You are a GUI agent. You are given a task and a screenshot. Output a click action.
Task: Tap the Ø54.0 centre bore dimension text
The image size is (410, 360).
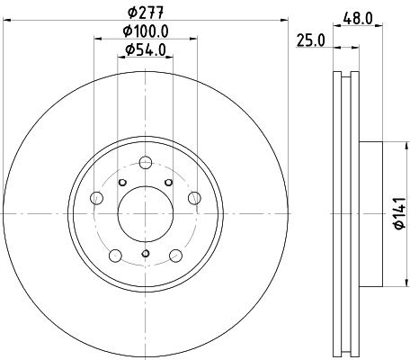(x=145, y=50)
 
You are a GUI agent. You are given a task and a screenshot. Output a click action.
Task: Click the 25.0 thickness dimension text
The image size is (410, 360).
(x=310, y=39)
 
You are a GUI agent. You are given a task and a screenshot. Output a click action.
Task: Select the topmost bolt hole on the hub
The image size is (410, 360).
(x=145, y=163)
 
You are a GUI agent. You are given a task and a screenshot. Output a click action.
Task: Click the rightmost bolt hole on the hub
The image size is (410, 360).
(x=192, y=198)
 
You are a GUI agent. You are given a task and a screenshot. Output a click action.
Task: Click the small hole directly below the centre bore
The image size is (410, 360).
(x=145, y=255)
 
